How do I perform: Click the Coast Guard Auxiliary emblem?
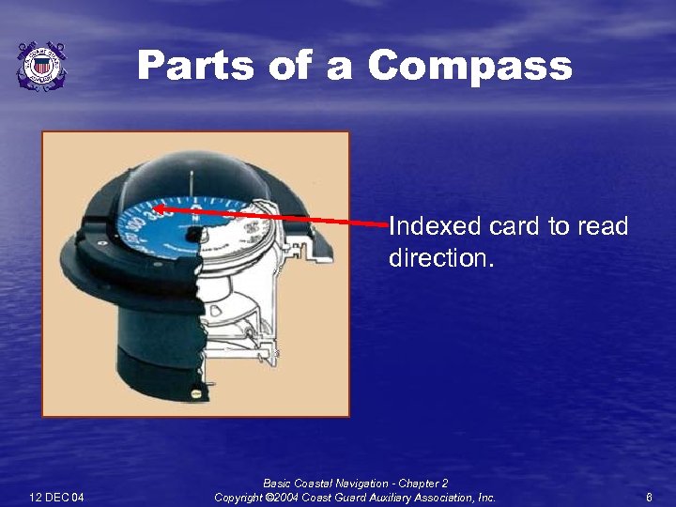tap(41, 66)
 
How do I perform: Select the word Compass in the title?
tap(469, 67)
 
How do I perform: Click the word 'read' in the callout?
tap(603, 227)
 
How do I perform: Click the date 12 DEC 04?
tap(56, 497)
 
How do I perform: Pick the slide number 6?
tap(649, 497)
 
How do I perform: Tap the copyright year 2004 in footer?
tap(284, 497)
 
